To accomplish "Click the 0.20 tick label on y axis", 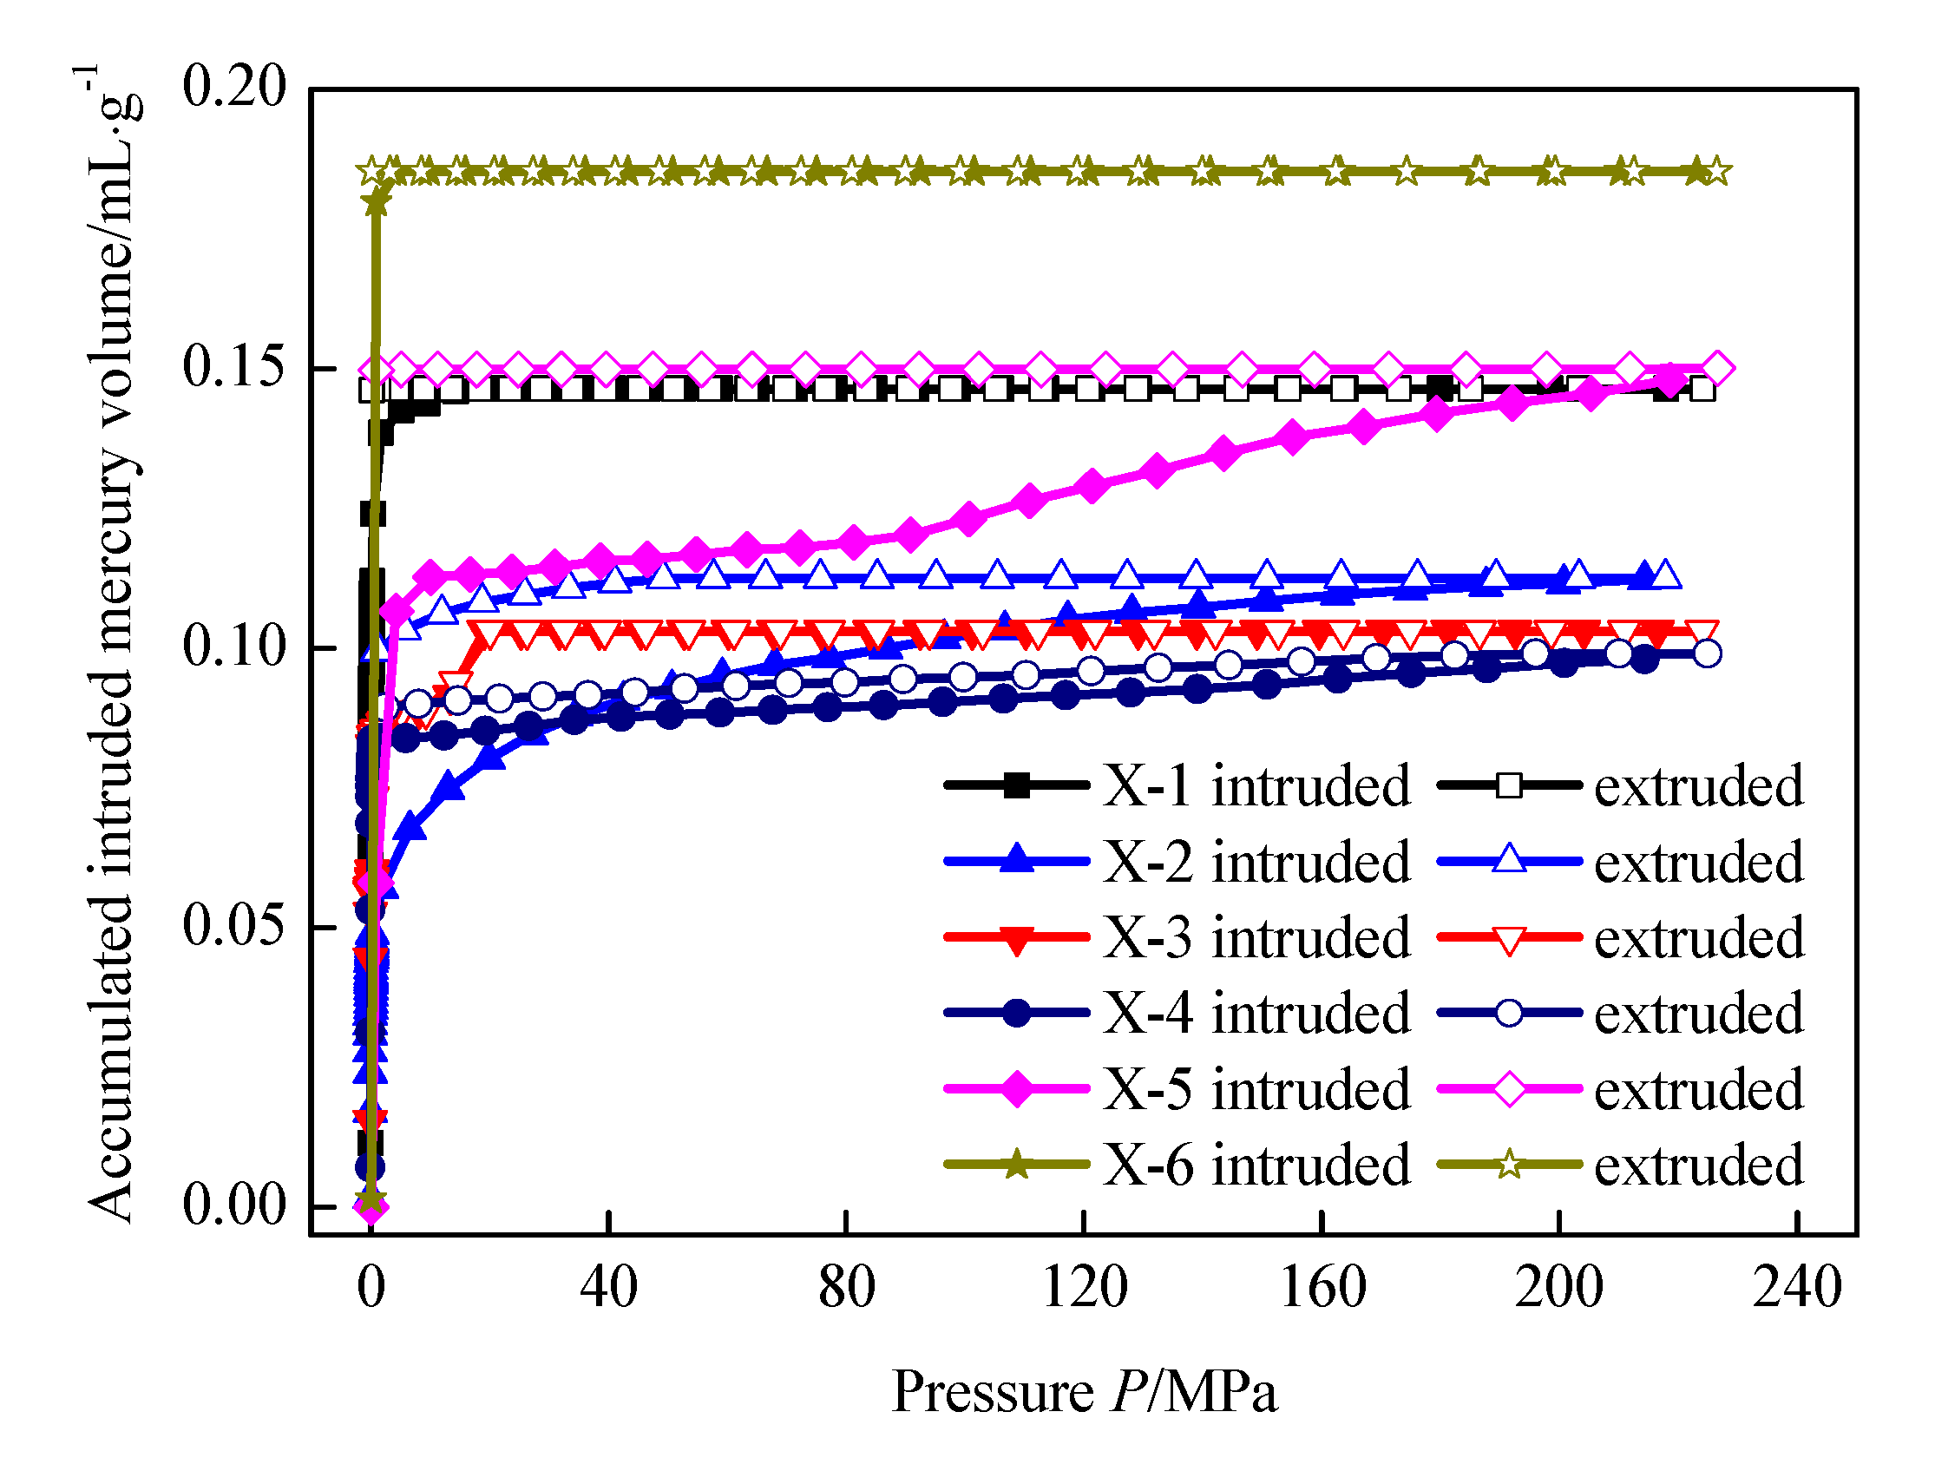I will click(x=233, y=87).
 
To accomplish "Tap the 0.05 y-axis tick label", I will click(x=233, y=925).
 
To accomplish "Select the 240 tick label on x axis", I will click(x=1797, y=1288).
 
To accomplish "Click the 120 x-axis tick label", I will click(x=1084, y=1288).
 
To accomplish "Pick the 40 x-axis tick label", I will click(x=608, y=1288).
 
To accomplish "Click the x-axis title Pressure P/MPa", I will click(x=1084, y=1392).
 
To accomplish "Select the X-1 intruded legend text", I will click(x=1256, y=785).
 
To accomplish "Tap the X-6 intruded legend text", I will click(x=1256, y=1166).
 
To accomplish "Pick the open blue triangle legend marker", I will click(x=1509, y=860).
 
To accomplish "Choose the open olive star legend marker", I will click(x=1509, y=1166).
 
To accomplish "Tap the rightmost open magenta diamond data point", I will click(x=1717, y=370).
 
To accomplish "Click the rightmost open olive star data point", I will click(x=1717, y=172).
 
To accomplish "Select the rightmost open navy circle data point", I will click(x=1707, y=653).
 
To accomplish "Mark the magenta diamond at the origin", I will click(x=371, y=1207).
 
